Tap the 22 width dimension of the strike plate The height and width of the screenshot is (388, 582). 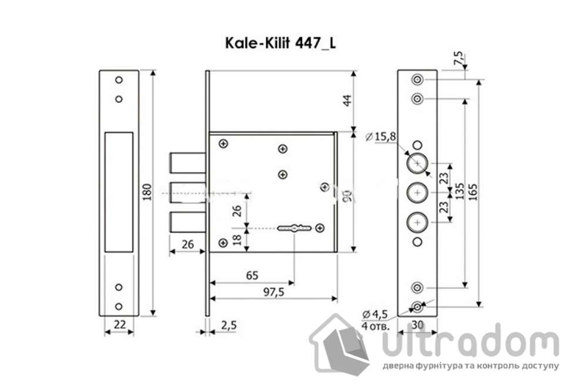point(119,323)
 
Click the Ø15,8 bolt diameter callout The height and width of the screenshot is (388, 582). point(380,137)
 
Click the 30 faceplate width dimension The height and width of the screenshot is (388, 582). point(417,323)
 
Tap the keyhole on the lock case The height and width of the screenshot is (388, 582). point(294,226)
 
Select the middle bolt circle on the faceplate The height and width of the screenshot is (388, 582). point(417,192)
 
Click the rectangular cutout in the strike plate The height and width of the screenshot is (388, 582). point(119,192)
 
